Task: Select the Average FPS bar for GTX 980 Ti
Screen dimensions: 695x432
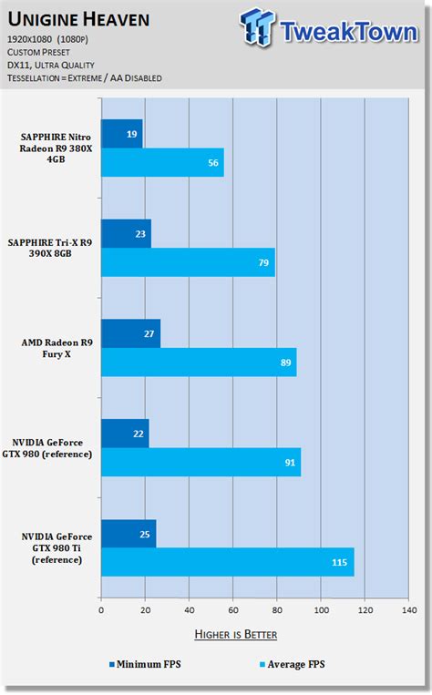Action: coord(227,562)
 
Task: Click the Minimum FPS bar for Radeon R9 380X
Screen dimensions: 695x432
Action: coord(121,134)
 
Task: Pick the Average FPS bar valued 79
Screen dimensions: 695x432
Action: coord(188,262)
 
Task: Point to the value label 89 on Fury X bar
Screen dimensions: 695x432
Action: coord(286,363)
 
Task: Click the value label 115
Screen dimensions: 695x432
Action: coord(339,562)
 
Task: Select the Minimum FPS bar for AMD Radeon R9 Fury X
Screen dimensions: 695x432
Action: coord(130,333)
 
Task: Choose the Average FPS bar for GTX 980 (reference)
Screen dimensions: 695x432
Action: coord(201,462)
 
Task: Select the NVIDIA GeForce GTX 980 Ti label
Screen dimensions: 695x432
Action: coord(57,548)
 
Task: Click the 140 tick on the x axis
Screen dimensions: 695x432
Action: coord(407,610)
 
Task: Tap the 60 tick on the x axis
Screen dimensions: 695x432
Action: coord(232,610)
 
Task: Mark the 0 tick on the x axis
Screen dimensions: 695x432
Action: coord(101,610)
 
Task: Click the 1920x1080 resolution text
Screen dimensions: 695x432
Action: coord(51,40)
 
